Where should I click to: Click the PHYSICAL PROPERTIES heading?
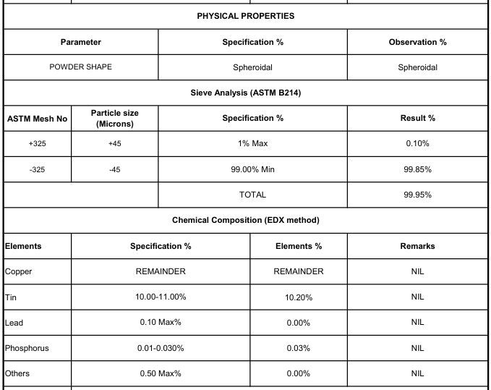245,16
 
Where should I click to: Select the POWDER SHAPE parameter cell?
80,67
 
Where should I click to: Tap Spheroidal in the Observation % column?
417,68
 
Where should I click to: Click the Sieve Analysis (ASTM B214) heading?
245,93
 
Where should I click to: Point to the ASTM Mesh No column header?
37,118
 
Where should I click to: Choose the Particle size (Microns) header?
114,118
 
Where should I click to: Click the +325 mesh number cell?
37,143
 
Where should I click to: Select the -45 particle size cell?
114,169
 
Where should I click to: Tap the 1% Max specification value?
252,143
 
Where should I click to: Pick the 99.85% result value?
417,169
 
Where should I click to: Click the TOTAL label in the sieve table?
252,195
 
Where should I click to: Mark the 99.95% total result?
417,195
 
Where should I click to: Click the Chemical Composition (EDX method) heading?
245,220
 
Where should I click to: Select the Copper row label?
18,271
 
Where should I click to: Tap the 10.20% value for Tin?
298,297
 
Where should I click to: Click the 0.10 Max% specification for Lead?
161,322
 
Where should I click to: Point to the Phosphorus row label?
27,348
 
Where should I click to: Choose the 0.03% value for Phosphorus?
298,348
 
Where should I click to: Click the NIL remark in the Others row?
417,373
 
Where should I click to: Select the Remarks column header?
417,246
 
